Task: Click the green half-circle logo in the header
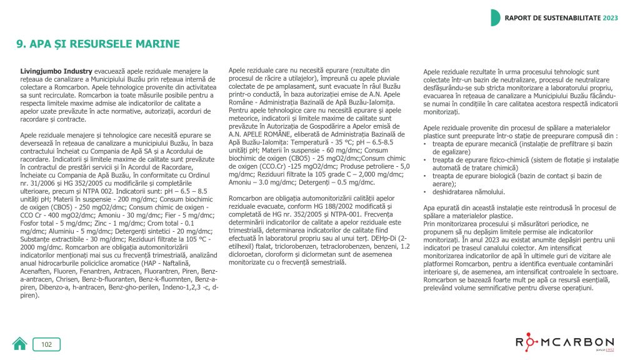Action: pos(495,17)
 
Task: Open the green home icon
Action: pos(20,344)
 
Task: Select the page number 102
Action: pos(47,344)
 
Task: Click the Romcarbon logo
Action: pos(564,343)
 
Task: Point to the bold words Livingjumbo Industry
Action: pos(56,71)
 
